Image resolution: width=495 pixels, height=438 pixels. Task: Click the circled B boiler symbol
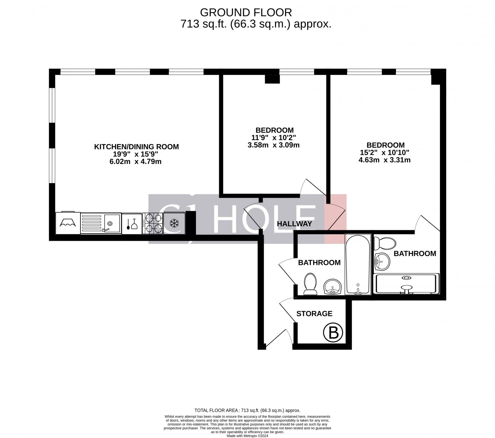point(333,332)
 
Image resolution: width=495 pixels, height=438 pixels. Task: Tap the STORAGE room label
point(314,313)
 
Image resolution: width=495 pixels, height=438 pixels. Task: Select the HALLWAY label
point(294,224)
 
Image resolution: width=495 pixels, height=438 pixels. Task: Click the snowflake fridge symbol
point(174,223)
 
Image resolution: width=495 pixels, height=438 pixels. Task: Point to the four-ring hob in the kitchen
point(152,223)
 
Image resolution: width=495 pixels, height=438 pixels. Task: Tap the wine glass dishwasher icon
point(132,224)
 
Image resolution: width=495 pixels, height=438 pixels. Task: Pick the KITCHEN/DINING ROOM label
point(136,147)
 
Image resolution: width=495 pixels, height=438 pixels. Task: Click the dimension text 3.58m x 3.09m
point(273,145)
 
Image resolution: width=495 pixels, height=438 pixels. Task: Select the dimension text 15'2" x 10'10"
point(384,153)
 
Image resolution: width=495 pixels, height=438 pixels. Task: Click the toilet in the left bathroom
point(310,284)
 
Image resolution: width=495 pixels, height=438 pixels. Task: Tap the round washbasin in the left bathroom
point(332,287)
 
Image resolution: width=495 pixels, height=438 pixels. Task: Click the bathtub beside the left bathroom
point(358,265)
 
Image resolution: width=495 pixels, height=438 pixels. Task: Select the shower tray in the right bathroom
point(406,283)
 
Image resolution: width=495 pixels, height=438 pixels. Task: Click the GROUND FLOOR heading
point(246,13)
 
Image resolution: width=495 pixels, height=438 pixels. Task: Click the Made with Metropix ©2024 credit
point(247,436)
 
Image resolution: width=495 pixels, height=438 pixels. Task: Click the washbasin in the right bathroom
point(382,262)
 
